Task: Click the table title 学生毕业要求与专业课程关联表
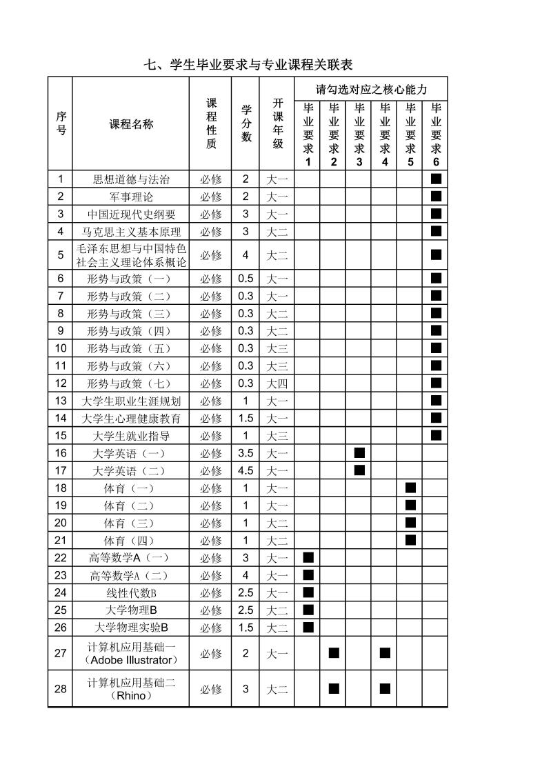point(248,65)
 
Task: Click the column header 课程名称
point(131,124)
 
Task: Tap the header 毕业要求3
point(359,134)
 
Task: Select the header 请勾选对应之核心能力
point(371,90)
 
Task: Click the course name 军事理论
point(131,197)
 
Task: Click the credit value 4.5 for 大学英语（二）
point(246,471)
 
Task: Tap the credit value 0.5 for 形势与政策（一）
point(246,279)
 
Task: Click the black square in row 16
point(359,453)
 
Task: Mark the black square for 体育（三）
point(410,523)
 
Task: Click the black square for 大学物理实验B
point(308,627)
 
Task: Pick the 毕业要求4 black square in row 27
point(385,653)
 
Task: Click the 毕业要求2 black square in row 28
point(334,688)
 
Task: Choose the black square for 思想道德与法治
point(436,179)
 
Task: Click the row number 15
point(61,436)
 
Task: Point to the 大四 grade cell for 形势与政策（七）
point(277,383)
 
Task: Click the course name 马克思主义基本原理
point(131,232)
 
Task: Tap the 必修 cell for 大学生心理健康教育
point(211,419)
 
